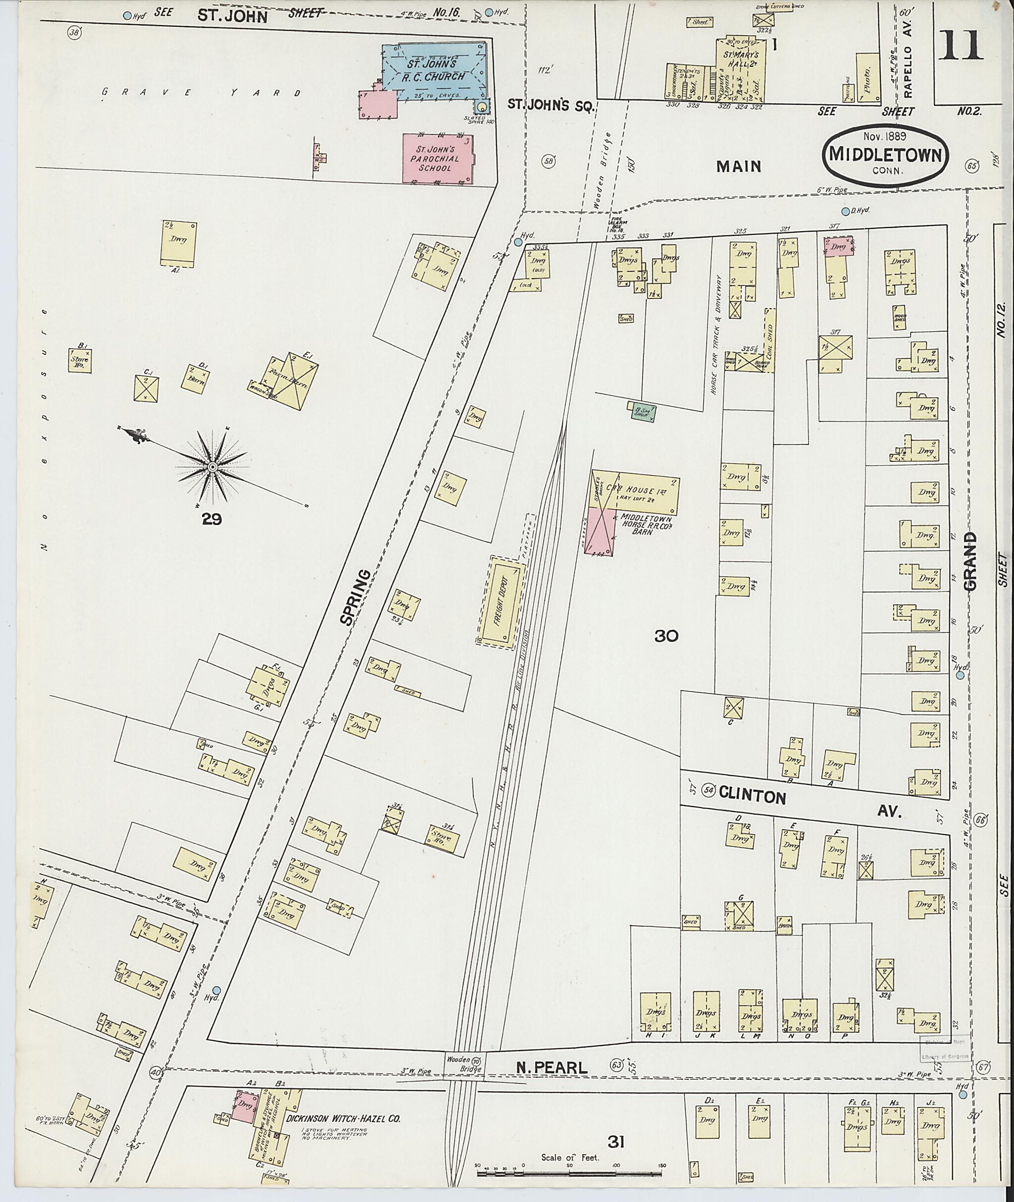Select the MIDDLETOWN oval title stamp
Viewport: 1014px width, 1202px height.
(885, 155)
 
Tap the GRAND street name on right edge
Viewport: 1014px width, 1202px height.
(970, 561)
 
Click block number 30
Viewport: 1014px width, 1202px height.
(666, 635)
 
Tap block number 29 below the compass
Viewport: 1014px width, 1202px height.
(211, 520)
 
